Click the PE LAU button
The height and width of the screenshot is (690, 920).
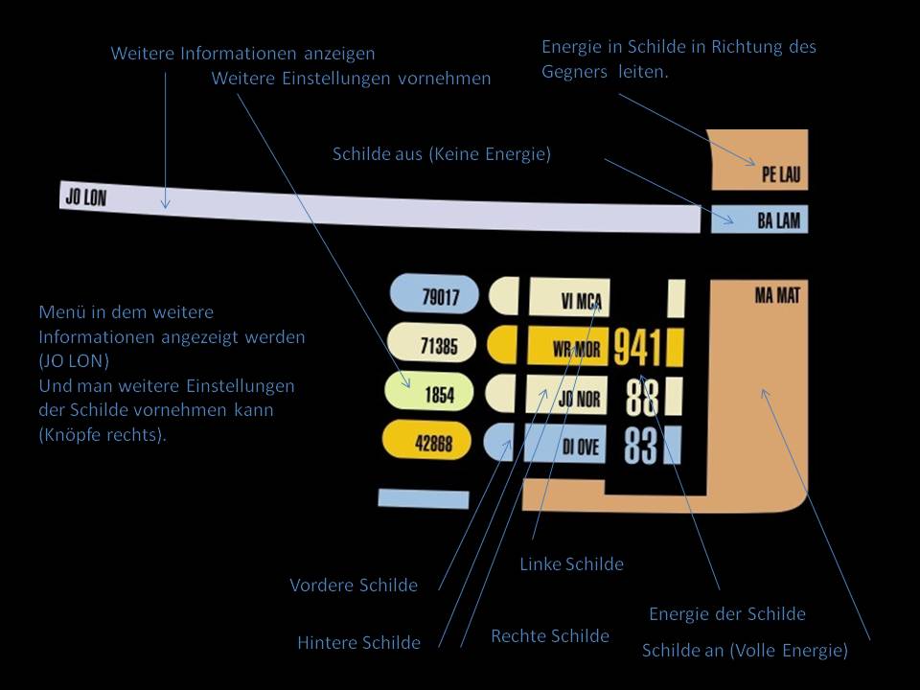click(760, 159)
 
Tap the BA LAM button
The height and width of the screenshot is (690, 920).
click(760, 220)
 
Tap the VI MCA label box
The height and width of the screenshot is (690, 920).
click(569, 299)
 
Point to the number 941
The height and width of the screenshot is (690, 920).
click(637, 347)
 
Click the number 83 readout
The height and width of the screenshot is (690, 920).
click(642, 446)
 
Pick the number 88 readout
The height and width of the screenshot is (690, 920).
click(643, 396)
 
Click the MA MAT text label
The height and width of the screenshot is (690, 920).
click(776, 295)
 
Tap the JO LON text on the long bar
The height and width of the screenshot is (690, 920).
click(85, 198)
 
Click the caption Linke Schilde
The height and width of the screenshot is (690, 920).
click(571, 564)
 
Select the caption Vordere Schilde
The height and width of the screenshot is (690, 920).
click(354, 585)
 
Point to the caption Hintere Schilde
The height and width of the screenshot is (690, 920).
click(358, 643)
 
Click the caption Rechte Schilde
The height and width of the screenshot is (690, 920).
click(550, 636)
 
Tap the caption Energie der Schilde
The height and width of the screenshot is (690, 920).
click(727, 614)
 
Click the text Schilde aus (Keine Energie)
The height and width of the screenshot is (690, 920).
click(442, 153)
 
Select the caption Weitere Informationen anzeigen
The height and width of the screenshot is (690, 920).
click(242, 54)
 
